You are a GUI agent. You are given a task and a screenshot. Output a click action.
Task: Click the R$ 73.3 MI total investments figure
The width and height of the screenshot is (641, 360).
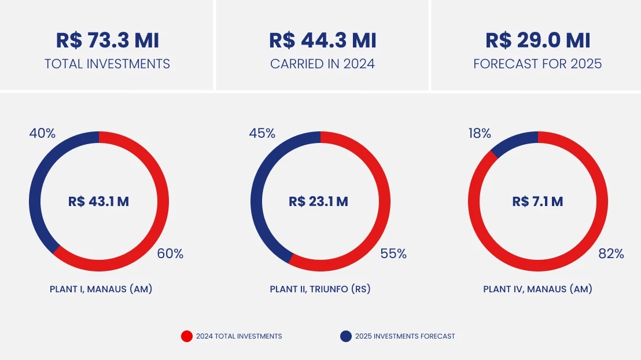tap(107, 41)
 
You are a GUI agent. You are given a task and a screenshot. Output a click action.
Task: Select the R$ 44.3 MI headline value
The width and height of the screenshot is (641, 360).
tap(322, 41)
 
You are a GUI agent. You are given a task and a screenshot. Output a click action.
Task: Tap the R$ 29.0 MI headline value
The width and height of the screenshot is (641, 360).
tap(537, 41)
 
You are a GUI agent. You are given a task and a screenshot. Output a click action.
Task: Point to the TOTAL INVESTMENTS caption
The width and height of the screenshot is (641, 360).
tap(107, 64)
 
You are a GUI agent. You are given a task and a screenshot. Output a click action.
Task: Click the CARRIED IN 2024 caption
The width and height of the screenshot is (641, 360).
tap(322, 64)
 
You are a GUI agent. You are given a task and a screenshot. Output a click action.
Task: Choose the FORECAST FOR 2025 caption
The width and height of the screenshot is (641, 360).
tap(537, 64)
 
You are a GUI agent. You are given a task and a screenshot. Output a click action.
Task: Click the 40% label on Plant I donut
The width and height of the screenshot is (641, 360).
tap(42, 134)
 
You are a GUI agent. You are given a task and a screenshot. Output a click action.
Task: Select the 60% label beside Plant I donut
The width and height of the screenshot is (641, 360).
tap(170, 254)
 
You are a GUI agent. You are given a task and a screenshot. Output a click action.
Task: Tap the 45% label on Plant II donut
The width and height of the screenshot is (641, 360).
tap(262, 134)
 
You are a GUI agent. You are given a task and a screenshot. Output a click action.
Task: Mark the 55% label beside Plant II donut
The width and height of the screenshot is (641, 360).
tap(393, 254)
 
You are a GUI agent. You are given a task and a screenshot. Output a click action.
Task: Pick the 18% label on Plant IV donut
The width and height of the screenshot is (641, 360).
tap(479, 134)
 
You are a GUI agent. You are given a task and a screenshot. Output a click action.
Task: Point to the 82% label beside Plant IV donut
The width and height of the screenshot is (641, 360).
tap(611, 254)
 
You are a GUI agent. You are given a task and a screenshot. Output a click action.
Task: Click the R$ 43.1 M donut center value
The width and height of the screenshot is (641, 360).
tap(98, 201)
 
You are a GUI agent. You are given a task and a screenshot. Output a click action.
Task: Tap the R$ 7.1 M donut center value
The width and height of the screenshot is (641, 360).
tap(537, 201)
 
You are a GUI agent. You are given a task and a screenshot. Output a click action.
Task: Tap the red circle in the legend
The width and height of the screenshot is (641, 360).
tap(187, 336)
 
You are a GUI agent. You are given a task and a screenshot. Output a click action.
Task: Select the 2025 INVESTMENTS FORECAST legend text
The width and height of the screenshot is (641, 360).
tap(404, 336)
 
